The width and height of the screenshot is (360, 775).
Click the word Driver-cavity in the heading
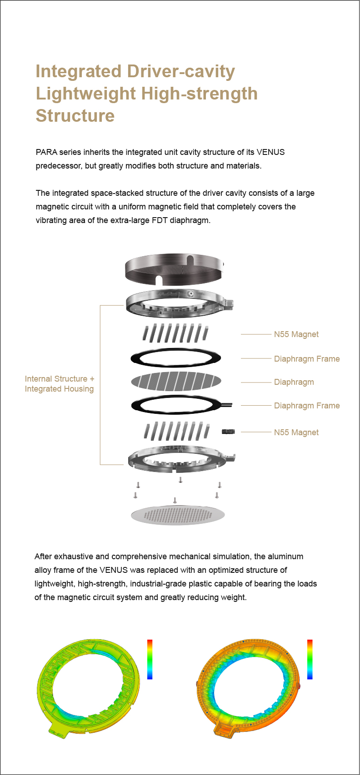(181, 72)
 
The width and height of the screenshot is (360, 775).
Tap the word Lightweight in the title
(86, 94)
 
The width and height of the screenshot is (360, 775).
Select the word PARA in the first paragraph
(46, 152)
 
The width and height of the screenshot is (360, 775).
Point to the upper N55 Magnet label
(296, 334)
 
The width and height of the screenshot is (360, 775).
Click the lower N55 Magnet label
(296, 432)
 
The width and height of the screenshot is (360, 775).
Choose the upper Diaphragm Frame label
(307, 359)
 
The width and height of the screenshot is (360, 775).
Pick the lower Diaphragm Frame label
(307, 406)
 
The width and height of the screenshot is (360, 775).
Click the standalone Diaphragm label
(294, 382)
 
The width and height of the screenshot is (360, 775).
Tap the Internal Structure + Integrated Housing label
(60, 384)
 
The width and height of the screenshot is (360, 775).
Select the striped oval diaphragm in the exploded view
(176, 381)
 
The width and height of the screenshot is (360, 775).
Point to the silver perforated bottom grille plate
(178, 515)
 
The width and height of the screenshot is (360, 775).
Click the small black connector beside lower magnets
(228, 432)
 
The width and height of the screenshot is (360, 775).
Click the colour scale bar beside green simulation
(150, 659)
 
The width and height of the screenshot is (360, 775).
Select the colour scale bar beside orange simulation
(310, 659)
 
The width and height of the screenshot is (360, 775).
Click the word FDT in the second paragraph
(160, 220)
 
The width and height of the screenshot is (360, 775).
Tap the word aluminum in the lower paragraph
(286, 556)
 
